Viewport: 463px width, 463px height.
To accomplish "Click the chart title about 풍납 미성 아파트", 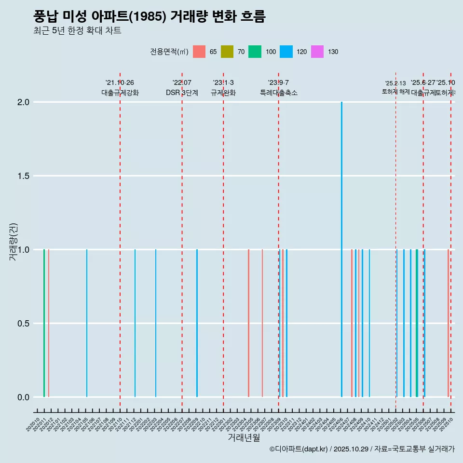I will coord(150,16).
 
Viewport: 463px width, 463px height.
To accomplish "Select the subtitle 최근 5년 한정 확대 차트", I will coord(77,31).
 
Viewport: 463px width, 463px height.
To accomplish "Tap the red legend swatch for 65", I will coord(199,52).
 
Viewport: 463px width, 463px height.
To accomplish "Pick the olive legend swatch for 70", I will coord(227,52).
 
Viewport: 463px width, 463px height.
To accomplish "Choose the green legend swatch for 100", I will coord(255,52).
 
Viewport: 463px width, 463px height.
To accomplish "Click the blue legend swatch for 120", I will coord(286,52).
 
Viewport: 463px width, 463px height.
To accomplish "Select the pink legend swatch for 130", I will coord(317,52).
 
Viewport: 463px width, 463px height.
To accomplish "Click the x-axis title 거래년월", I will coord(244,437).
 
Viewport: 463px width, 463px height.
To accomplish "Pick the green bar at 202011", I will coord(44,323).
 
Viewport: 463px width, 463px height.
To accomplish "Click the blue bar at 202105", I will coord(87,323).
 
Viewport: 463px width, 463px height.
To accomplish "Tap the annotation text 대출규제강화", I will coord(120,93).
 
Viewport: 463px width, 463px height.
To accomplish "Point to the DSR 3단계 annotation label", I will coord(182,93).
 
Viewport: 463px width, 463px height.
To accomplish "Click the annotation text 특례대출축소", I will coord(278,93).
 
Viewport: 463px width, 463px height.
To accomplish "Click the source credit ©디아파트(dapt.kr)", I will coord(299,449).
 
